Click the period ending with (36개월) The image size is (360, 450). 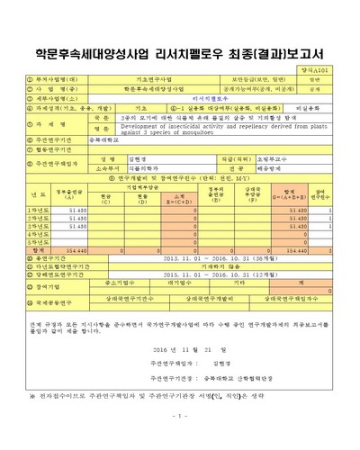pyautogui.click(x=224, y=261)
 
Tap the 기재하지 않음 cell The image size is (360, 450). pyautogui.click(x=224, y=269)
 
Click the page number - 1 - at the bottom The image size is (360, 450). pyautogui.click(x=180, y=438)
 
